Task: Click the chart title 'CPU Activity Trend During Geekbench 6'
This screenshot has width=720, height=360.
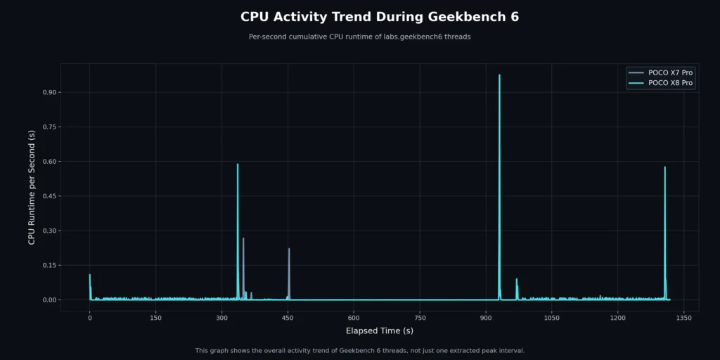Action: (380, 17)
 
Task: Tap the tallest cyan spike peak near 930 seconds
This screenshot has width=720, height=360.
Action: (499, 75)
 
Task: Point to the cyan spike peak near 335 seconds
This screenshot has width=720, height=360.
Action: (238, 165)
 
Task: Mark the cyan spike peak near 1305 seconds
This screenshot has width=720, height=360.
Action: (664, 167)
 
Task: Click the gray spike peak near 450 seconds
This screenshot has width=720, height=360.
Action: (289, 249)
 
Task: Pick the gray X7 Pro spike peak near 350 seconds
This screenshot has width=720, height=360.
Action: (243, 238)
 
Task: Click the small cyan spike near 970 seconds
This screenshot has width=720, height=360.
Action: (517, 279)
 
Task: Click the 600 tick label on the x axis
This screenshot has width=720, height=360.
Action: (354, 318)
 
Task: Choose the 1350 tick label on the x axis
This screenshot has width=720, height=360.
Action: (683, 318)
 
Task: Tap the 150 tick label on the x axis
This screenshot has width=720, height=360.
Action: (156, 318)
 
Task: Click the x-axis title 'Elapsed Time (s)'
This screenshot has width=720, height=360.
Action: (380, 330)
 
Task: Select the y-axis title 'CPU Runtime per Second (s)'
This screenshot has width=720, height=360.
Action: (32, 187)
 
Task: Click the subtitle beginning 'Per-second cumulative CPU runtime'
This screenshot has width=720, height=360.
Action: (359, 37)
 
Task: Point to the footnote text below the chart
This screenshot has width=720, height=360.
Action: (359, 350)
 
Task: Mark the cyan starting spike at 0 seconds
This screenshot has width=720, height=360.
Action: (90, 275)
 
